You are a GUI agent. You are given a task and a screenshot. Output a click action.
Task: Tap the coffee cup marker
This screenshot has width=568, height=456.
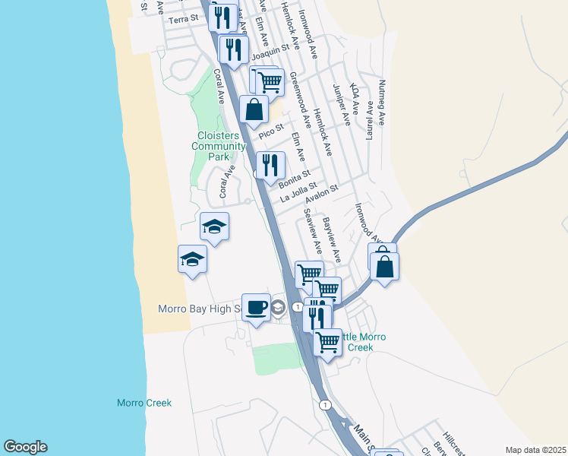pyautogui.click(x=256, y=307)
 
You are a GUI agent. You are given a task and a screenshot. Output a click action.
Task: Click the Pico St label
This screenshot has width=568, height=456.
pyautogui.click(x=270, y=130)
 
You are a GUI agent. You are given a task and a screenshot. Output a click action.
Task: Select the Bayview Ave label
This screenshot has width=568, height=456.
pyautogui.click(x=332, y=235)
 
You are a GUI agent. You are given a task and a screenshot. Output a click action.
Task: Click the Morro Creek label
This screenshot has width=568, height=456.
pyautogui.click(x=144, y=403)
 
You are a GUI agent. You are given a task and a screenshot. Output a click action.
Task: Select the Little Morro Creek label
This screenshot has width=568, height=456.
pyautogui.click(x=357, y=342)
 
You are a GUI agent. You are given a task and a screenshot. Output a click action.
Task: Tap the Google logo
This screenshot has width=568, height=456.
pyautogui.click(x=25, y=447)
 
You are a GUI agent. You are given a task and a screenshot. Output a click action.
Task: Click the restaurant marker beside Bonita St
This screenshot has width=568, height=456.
pyautogui.click(x=270, y=165)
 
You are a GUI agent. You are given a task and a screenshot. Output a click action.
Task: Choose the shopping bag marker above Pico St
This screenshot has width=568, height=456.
pyautogui.click(x=254, y=109)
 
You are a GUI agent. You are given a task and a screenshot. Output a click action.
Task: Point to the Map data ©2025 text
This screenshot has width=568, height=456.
pyautogui.click(x=535, y=450)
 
